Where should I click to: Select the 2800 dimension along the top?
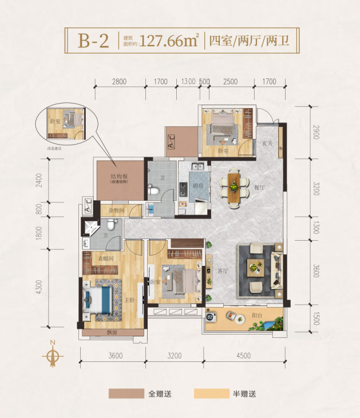click(x=119, y=82)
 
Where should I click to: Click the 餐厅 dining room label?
click(x=260, y=188)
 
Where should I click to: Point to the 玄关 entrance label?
click(x=267, y=144)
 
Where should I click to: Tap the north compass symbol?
click(x=52, y=355)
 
